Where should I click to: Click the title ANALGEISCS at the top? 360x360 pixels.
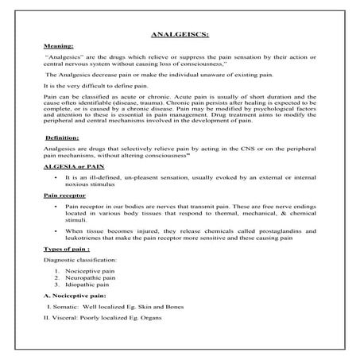[x=179, y=36]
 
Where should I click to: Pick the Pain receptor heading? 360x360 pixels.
[x=65, y=195]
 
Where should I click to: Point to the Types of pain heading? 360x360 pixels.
[x=67, y=249]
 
